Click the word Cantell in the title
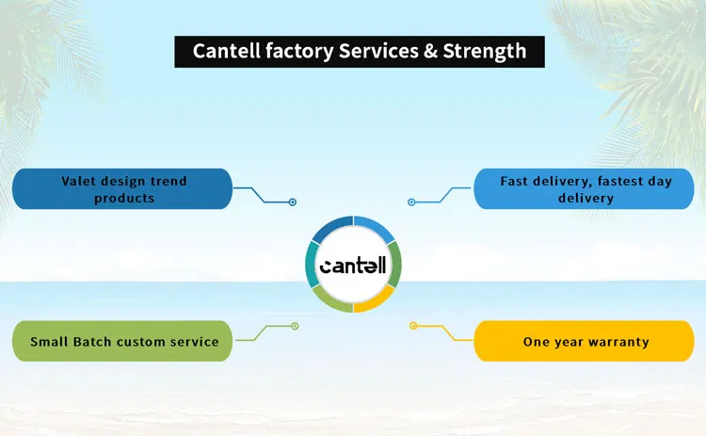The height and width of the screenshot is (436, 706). [x=226, y=51]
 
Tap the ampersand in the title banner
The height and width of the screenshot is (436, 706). [x=430, y=51]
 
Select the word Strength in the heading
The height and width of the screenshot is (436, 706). [x=485, y=52]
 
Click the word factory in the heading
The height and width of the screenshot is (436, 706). [x=299, y=52]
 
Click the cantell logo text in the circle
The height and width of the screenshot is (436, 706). [x=353, y=266]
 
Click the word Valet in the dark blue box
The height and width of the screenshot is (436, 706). [x=78, y=181]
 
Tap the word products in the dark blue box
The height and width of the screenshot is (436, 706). [x=124, y=199]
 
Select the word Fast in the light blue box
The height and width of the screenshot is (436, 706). [x=514, y=181]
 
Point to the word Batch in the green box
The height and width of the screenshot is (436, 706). [x=92, y=342]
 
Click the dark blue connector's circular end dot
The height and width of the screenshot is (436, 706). [x=293, y=202]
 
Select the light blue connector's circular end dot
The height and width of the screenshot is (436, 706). [x=411, y=202]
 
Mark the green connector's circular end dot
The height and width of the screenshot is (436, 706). [x=295, y=326]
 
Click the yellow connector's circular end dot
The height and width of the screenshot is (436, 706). [x=413, y=326]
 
